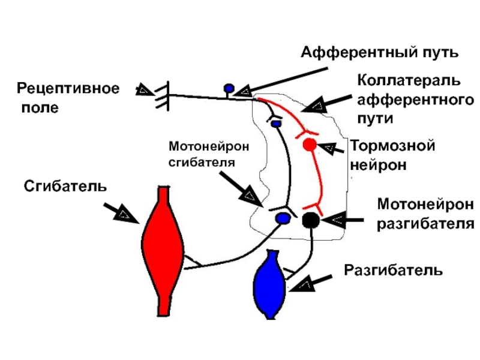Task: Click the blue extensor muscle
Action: click(x=270, y=284)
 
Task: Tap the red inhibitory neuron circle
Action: click(x=310, y=145)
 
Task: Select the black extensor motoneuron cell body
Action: click(x=311, y=220)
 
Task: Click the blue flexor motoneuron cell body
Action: click(x=283, y=218)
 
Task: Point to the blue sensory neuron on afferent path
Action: click(x=229, y=88)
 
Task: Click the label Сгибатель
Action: click(x=65, y=186)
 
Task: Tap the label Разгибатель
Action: click(x=394, y=270)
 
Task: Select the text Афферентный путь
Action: click(x=380, y=52)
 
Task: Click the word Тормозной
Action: click(x=392, y=146)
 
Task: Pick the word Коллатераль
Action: click(x=409, y=80)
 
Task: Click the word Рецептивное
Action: click(x=68, y=88)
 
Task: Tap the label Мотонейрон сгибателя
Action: click(x=209, y=154)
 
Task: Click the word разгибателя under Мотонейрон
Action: click(x=425, y=224)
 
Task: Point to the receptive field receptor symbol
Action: click(x=162, y=96)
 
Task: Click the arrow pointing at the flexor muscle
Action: click(x=122, y=213)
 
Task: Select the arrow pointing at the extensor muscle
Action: click(x=310, y=283)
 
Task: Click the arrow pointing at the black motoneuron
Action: click(x=342, y=220)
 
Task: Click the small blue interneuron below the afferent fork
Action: click(x=276, y=124)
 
